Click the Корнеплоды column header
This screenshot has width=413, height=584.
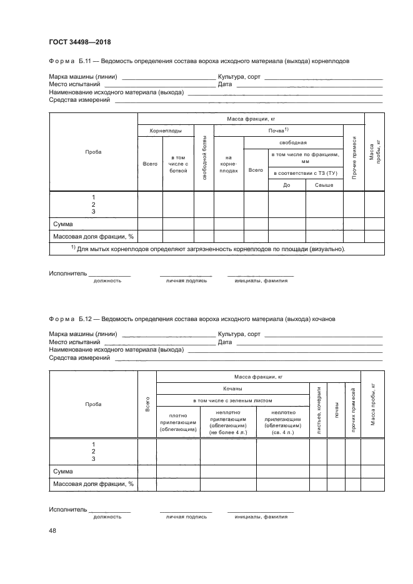pos(166,131)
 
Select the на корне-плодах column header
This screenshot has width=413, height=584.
pos(229,166)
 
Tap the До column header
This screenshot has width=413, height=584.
pos(286,186)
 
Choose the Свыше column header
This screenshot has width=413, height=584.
pos(324,186)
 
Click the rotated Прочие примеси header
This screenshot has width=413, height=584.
pos(354,159)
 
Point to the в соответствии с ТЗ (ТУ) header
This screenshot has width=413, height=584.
pos(306,172)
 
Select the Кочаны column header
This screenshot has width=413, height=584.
pos(232,389)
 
